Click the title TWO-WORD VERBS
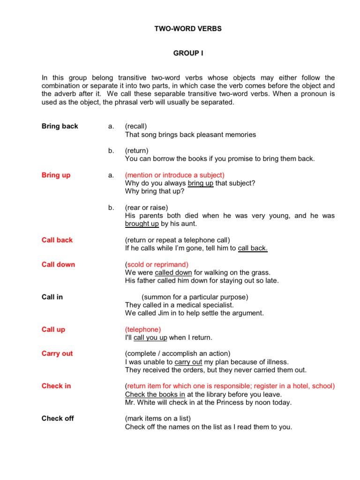(x=188, y=29)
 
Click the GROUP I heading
(x=188, y=53)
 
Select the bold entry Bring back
(x=60, y=126)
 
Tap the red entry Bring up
(x=56, y=175)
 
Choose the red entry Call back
(x=57, y=240)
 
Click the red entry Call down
(x=58, y=264)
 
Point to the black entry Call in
(x=52, y=297)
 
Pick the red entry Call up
(x=53, y=329)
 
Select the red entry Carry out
(x=57, y=353)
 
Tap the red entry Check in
(x=56, y=386)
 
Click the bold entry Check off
(x=58, y=418)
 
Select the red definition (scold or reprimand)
(x=157, y=264)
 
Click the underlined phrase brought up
(x=142, y=224)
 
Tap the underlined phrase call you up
(x=150, y=337)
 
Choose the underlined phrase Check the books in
(x=155, y=394)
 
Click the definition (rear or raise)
(x=146, y=207)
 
